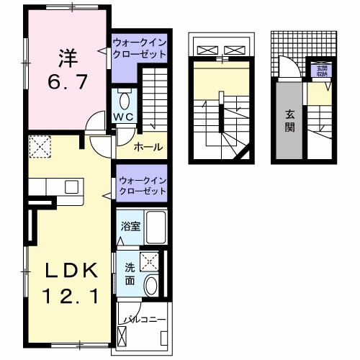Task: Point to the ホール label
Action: [147, 148]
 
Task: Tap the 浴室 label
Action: [130, 225]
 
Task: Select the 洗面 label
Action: [130, 274]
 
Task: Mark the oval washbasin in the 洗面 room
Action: [150, 286]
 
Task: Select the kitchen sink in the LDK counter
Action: [72, 186]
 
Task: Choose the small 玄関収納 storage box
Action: [319, 71]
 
